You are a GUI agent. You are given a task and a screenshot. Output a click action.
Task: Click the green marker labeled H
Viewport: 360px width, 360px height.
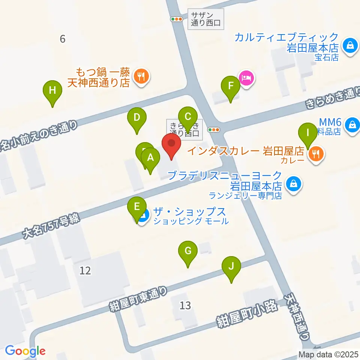[52, 90]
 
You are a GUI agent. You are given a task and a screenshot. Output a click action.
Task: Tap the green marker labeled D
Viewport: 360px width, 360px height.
[137, 118]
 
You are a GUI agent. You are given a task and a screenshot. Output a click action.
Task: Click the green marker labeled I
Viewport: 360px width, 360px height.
[307, 133]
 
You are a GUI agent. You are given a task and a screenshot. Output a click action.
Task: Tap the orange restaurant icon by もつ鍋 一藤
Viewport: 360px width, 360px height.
[142, 76]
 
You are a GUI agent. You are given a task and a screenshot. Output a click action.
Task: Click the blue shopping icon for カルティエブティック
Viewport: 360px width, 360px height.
[350, 46]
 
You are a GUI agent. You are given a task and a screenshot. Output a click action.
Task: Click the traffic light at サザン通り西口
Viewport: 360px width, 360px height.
[176, 19]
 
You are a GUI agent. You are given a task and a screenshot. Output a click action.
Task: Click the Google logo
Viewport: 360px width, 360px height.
[25, 351]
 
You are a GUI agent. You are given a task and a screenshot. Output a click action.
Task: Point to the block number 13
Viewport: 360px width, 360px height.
[185, 306]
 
